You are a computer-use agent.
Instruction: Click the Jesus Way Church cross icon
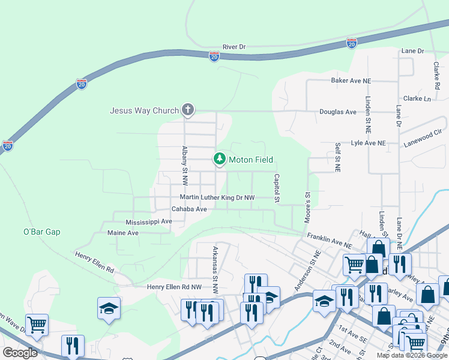pyautogui.click(x=188, y=110)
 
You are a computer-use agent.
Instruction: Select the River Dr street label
pyautogui.click(x=234, y=46)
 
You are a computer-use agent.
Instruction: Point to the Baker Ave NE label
pyautogui.click(x=351, y=80)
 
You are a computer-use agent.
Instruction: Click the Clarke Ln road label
pyautogui.click(x=417, y=98)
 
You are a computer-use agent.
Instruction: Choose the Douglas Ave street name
pyautogui.click(x=338, y=112)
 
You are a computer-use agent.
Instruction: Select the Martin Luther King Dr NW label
pyautogui.click(x=217, y=197)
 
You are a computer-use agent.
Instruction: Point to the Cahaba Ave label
pyautogui.click(x=189, y=209)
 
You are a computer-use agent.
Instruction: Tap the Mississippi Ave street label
pyautogui.click(x=149, y=221)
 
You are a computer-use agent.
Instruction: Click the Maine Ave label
pyautogui.click(x=122, y=233)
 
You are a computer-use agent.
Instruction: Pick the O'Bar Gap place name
pyautogui.click(x=42, y=232)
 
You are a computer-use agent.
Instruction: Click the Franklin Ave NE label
pyautogui.click(x=329, y=241)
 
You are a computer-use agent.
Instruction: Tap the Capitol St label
pyautogui.click(x=277, y=188)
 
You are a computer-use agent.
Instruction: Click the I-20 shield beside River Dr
pyautogui.click(x=214, y=56)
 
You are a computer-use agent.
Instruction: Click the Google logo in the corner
pyautogui.click(x=20, y=353)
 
